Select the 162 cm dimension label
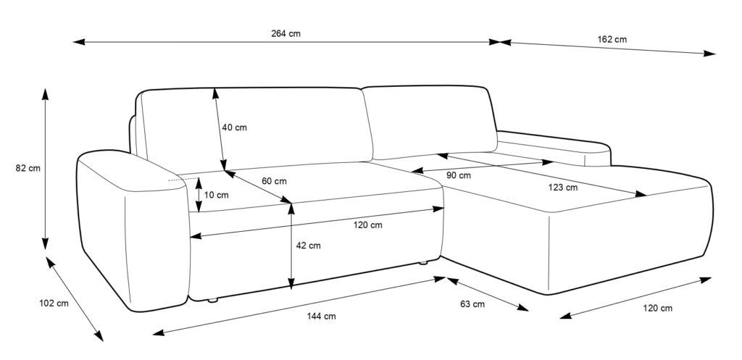tap(612, 39)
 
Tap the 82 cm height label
tap(28, 168)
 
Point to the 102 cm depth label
tap(52, 304)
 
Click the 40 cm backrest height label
tap(234, 127)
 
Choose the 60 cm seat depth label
tap(274, 181)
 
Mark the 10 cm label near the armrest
tap(216, 195)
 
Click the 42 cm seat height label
tap(308, 246)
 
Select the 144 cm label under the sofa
tap(320, 316)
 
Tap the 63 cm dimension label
tap(472, 304)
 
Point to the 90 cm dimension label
tap(458, 175)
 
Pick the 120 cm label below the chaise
tap(657, 309)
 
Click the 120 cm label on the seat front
tap(368, 225)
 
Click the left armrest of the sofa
tap(130, 232)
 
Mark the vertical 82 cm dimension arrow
tap(46, 168)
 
